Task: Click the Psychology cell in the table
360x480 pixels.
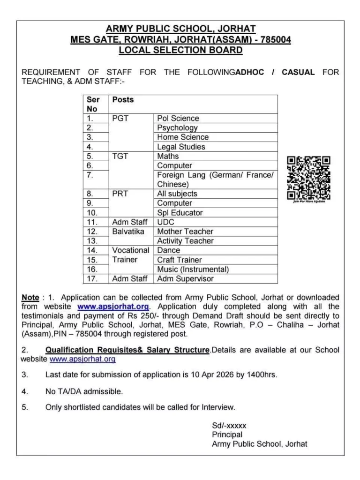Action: [178, 128]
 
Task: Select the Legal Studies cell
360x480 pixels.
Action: [181, 147]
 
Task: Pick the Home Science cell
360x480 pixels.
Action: [183, 137]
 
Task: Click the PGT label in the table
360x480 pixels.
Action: [120, 119]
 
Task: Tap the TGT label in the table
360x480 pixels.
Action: [120, 156]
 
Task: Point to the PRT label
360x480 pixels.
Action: [120, 194]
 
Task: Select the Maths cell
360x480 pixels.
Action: [168, 156]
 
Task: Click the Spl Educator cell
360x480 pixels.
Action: [180, 213]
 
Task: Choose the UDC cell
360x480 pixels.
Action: [166, 222]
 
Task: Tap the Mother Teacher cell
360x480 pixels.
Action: [185, 232]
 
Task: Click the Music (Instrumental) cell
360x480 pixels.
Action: [193, 270]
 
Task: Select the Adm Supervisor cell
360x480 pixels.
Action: [185, 279]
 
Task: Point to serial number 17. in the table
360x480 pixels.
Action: [93, 279]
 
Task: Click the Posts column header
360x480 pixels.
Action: [123, 100]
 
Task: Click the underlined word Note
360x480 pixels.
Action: [30, 298]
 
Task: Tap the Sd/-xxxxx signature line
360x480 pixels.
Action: [229, 426]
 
